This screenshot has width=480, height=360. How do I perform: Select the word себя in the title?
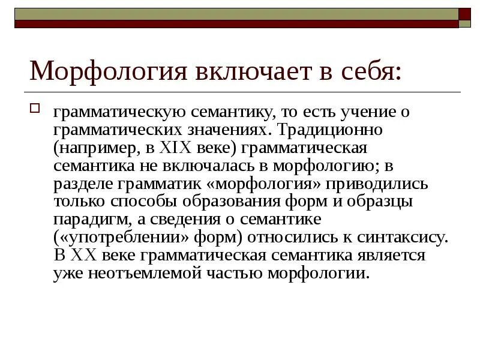click(x=367, y=71)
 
